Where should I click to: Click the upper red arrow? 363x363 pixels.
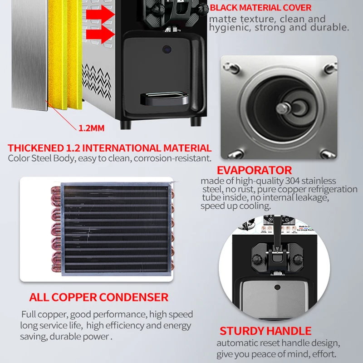(x=100, y=15)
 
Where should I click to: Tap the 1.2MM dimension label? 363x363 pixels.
(x=92, y=128)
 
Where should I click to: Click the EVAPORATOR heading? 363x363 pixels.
(x=254, y=171)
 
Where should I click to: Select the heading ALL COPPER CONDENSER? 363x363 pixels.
(x=99, y=297)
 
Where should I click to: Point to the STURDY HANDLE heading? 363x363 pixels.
(x=265, y=331)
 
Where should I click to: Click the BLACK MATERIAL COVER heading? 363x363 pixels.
(x=260, y=8)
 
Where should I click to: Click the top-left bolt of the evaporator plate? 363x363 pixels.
(x=231, y=67)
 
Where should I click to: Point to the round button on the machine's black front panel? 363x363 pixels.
(x=167, y=49)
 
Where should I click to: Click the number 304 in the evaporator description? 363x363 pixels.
(x=293, y=181)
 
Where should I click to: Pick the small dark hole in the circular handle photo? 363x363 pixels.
(x=277, y=287)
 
